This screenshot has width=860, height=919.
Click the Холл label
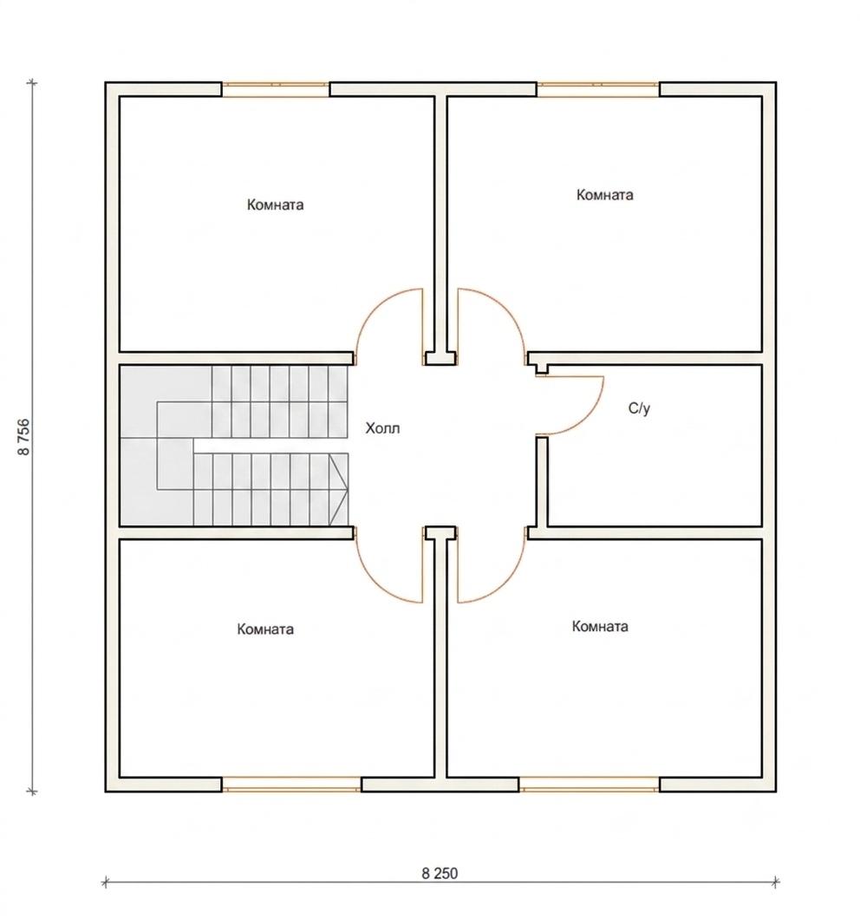383,428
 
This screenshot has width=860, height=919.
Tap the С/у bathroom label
639,408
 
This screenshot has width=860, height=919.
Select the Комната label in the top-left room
275,205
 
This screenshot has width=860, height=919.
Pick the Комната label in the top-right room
604,194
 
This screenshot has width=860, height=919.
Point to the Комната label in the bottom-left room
265,629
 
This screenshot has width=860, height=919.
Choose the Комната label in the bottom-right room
600,626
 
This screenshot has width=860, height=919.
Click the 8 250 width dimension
440,873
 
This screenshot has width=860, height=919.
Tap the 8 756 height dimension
24,437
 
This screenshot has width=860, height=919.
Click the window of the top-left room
276,89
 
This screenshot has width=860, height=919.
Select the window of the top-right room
598,89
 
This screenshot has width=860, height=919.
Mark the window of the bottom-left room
291,785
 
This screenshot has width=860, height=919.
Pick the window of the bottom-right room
590,785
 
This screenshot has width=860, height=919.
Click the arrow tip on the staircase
348,490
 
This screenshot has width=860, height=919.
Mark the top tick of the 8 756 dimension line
32,83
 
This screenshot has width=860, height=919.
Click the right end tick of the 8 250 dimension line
776,881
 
